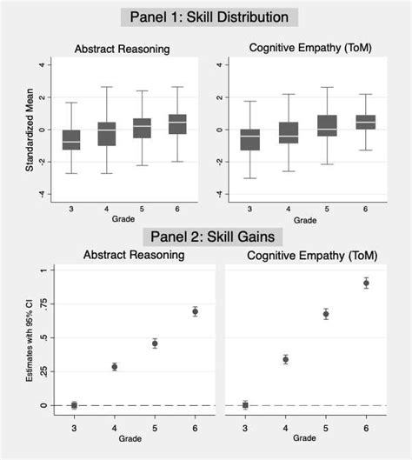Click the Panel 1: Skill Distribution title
click(209, 17)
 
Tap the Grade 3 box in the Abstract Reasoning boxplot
click(71, 139)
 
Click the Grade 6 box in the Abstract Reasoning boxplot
click(178, 123)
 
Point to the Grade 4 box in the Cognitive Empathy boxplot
click(288, 132)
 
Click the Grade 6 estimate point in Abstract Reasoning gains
click(195, 311)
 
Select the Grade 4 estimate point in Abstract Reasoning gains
click(114, 367)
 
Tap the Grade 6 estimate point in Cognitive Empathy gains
click(366, 283)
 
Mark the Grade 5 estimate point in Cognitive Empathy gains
click(326, 314)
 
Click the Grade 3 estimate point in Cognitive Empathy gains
click(245, 405)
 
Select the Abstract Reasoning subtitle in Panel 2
click(134, 255)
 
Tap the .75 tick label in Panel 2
click(39, 304)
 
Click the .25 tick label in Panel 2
click(39, 372)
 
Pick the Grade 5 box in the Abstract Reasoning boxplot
click(143, 128)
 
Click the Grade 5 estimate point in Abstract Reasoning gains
click(155, 343)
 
